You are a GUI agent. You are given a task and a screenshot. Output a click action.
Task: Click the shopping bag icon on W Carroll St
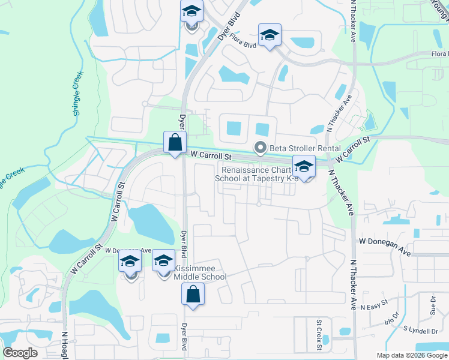point(175,143)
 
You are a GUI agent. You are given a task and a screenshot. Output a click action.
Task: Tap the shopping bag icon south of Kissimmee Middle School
point(193,295)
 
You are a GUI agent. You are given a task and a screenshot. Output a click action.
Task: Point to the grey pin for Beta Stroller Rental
point(261,148)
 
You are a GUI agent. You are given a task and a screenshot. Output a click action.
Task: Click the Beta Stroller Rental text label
point(305,148)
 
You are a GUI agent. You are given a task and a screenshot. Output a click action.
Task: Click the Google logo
point(20,353)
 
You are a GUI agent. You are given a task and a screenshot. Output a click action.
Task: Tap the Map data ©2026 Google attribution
point(412,355)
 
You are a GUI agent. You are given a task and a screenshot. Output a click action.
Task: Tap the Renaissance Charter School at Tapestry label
point(257,174)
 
